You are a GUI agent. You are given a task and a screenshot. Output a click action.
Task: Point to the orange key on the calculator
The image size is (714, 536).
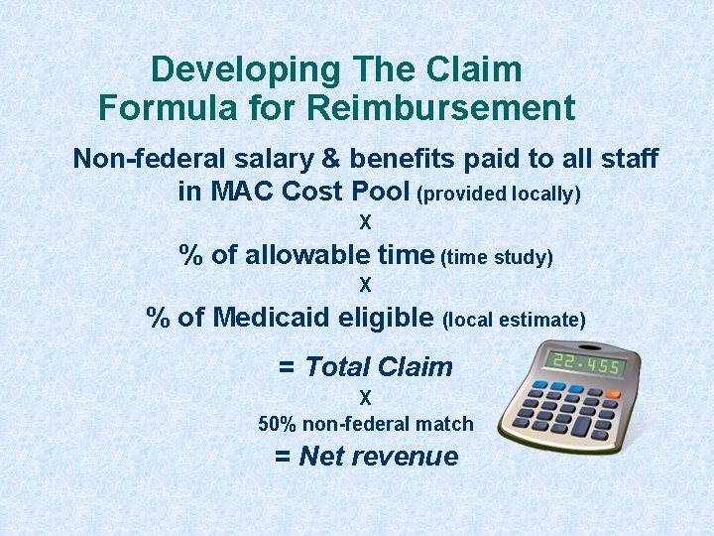(x=613, y=395)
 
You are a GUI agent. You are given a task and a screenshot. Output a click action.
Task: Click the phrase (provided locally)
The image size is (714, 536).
(x=502, y=195)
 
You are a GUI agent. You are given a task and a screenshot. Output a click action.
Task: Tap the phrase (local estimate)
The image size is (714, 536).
(x=515, y=320)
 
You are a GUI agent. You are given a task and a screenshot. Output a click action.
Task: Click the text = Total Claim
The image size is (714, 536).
(x=365, y=366)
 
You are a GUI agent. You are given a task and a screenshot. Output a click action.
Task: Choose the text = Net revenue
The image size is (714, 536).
(x=366, y=457)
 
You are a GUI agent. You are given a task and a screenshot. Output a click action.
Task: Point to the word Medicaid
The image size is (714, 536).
(x=273, y=318)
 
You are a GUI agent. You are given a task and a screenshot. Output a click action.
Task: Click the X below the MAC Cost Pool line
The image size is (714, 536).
(x=365, y=223)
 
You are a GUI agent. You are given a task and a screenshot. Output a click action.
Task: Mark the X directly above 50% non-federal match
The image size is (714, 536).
(x=365, y=398)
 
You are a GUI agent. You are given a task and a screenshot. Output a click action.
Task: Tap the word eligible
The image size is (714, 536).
(x=386, y=318)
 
